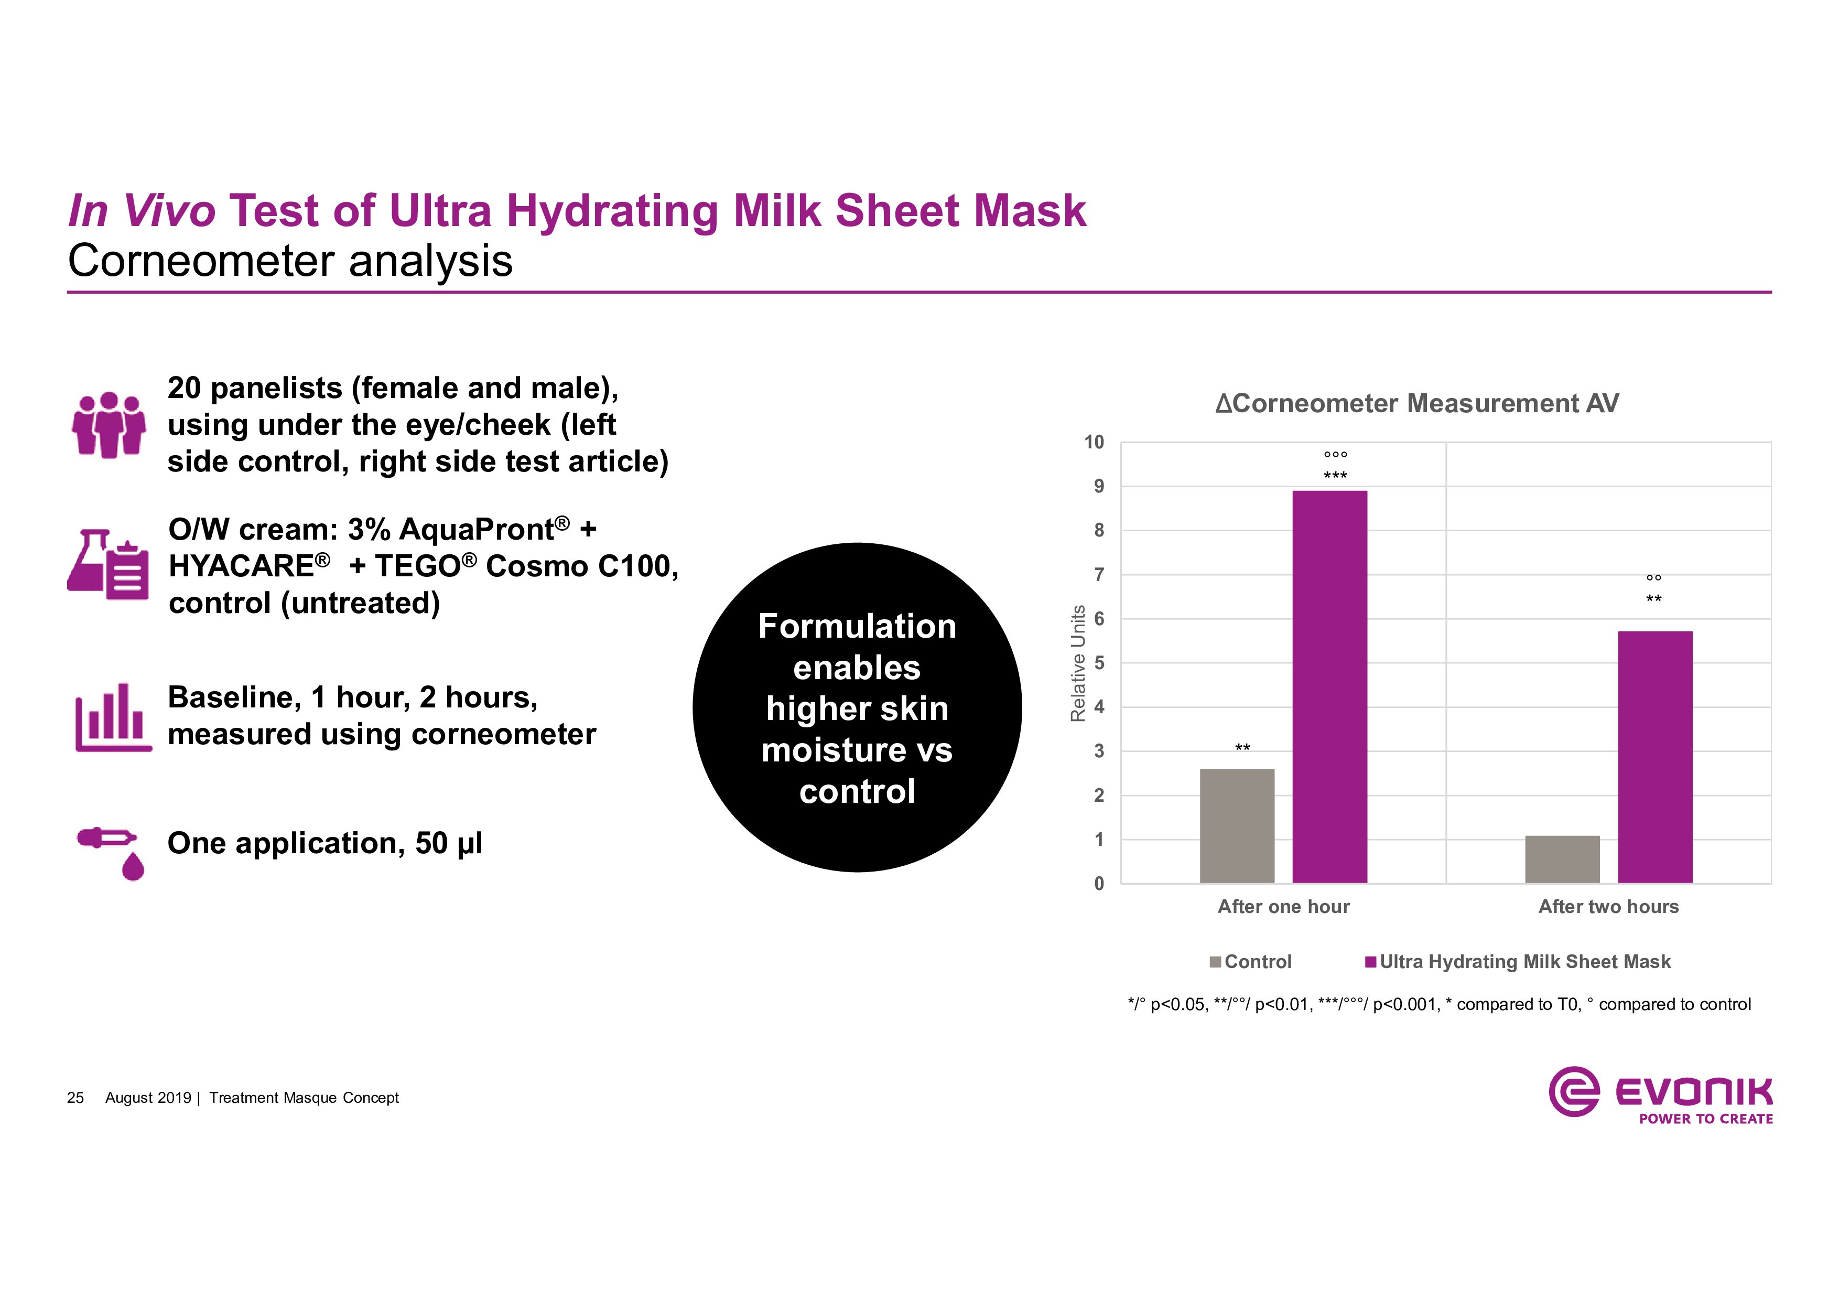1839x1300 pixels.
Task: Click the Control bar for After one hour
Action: pyautogui.click(x=1237, y=826)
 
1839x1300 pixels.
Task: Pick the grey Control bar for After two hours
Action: pyautogui.click(x=1562, y=859)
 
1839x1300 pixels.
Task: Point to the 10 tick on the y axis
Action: pyautogui.click(x=1094, y=442)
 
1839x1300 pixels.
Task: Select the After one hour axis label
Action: pyautogui.click(x=1283, y=907)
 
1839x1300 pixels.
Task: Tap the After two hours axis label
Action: pyautogui.click(x=1608, y=907)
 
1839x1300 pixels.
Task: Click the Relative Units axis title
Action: pyautogui.click(x=1078, y=663)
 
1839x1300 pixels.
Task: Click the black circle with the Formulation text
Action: pyautogui.click(x=857, y=707)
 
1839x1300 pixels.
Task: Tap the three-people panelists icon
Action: pyautogui.click(x=109, y=425)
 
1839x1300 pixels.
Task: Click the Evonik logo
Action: pyautogui.click(x=1660, y=1094)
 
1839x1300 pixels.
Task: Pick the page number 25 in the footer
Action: pyautogui.click(x=75, y=1098)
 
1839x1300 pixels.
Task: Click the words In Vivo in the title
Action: pyautogui.click(x=142, y=211)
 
